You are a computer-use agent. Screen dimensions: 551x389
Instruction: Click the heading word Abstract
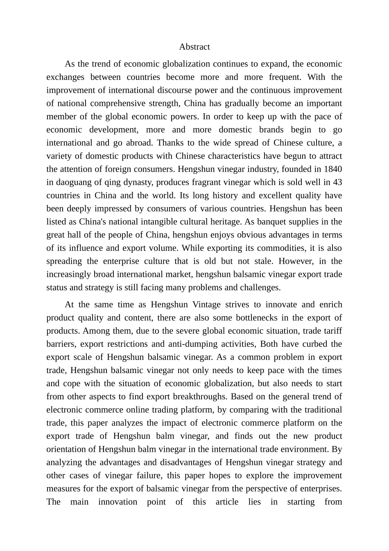pos(194,47)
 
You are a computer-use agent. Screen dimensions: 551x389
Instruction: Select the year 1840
pos(332,169)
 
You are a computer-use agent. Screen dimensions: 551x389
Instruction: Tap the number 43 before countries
pos(337,182)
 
